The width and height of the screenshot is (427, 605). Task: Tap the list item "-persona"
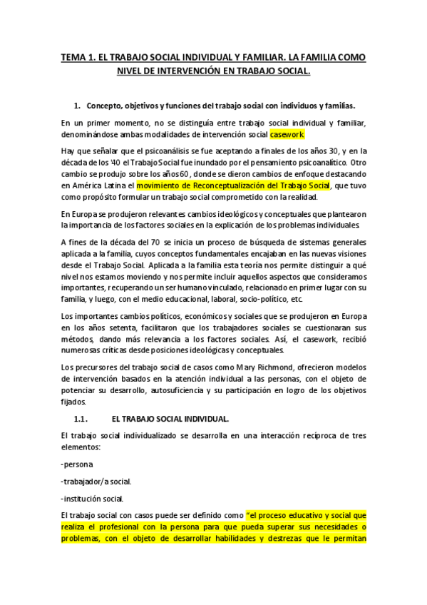pos(78,464)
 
